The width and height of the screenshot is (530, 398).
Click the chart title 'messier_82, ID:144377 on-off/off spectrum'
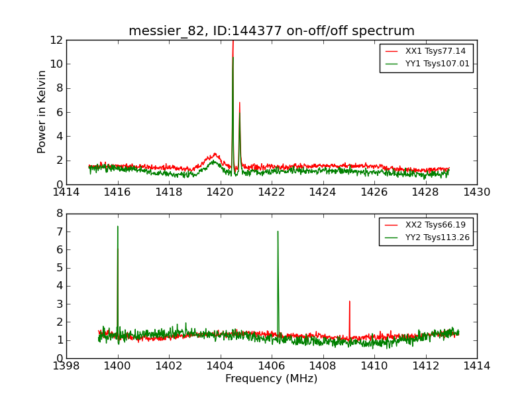(x=272, y=31)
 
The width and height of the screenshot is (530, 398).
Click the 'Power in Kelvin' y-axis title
(x=42, y=111)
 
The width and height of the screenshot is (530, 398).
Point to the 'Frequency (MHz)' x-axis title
(x=272, y=379)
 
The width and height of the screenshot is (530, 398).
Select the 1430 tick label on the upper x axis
(x=476, y=192)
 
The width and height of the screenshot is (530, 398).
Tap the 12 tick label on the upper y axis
(x=57, y=40)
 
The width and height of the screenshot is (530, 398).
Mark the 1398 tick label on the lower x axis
(x=66, y=366)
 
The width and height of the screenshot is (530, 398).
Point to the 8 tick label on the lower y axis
(x=60, y=214)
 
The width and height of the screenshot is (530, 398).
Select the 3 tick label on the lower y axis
(x=60, y=304)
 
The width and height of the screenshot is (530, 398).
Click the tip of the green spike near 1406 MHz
(x=278, y=232)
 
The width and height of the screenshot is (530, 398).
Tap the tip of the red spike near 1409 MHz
(x=350, y=301)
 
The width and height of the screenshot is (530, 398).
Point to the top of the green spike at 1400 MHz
(x=118, y=226)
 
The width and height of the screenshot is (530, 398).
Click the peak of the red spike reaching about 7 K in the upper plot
(x=240, y=102)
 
